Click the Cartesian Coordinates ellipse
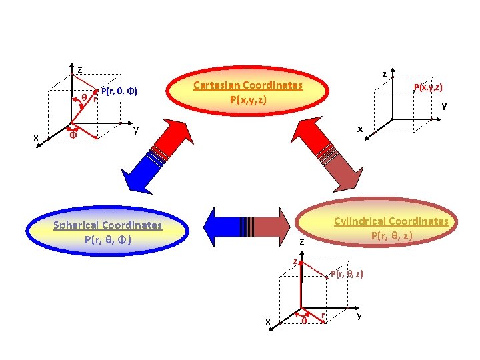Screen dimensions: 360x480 [247, 93]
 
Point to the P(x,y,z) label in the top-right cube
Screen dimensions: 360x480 [428, 87]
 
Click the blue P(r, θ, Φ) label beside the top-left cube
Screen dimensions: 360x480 [119, 91]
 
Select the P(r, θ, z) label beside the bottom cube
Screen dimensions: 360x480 [347, 274]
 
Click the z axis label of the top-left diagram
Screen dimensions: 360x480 [80, 69]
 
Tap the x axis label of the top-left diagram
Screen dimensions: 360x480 [37, 138]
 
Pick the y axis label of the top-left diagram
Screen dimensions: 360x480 [135, 130]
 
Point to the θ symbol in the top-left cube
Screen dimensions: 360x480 [84, 97]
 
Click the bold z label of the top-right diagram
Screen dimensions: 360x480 [384, 74]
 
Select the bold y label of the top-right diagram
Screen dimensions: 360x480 [444, 105]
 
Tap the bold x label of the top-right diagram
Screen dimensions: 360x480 [360, 128]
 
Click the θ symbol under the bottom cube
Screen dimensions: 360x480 [304, 321]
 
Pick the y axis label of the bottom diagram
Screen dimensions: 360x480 [359, 315]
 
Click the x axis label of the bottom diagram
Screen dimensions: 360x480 [268, 322]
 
